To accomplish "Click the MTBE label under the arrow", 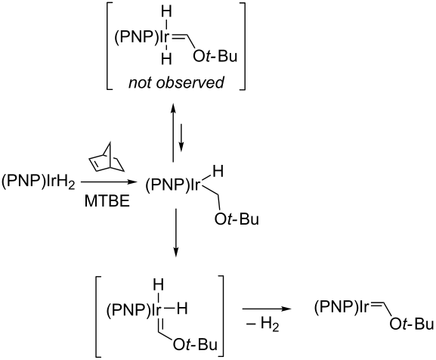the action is coord(107,201).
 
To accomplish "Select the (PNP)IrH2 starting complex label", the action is coord(38,182).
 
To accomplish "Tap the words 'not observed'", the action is coord(176,82).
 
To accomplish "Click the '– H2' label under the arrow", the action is coord(262,324).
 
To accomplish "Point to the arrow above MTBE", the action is coord(109,182).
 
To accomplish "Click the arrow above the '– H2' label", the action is coord(267,309).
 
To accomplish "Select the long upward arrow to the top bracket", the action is coord(173,132).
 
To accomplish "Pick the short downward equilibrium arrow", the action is coord(181,138).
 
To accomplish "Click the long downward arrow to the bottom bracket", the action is coord(175,232).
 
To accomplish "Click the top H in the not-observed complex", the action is coord(166,12).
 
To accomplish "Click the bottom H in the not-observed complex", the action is coord(166,59).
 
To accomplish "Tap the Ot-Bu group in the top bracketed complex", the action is coord(215,56).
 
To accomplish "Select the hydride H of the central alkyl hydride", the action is coord(218,172).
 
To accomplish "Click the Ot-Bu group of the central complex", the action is coord(237,219).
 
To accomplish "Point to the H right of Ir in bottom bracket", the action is coord(182,309).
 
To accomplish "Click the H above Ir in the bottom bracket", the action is coord(159,286).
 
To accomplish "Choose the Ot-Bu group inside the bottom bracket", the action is coord(195,345).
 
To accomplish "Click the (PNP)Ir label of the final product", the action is coord(342,308).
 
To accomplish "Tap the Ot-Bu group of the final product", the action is coord(412,324).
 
